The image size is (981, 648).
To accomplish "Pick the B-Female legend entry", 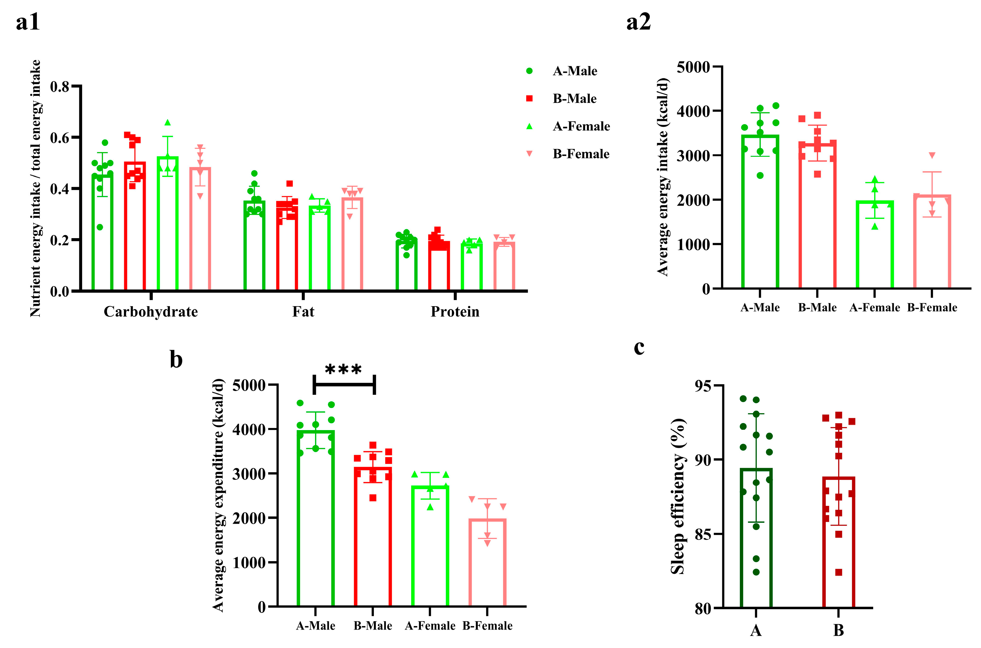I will [581, 154].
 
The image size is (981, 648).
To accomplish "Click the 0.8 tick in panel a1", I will [59, 86].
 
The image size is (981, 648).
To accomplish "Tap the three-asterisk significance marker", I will [343, 369].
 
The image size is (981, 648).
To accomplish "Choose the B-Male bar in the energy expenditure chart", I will [373, 537].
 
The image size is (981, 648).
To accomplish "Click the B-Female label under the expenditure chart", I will [487, 626].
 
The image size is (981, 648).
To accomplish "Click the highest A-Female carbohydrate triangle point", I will [167, 123].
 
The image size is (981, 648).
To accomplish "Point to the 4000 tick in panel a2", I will [693, 111].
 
